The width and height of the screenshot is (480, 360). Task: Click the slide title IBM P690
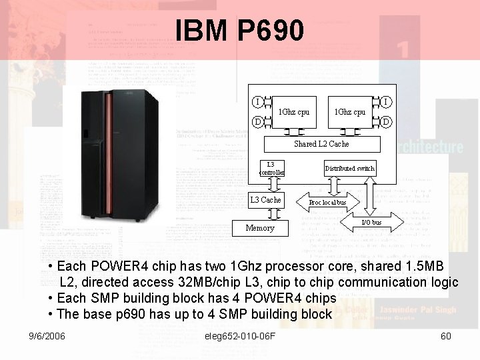[x=239, y=30]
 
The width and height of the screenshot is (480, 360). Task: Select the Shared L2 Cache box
[x=321, y=143]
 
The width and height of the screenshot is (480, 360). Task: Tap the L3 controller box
[x=271, y=169]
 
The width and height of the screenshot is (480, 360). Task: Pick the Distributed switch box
[x=349, y=169]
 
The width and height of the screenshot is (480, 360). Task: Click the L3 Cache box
[x=265, y=199]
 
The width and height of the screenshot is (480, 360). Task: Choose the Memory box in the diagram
[x=259, y=228]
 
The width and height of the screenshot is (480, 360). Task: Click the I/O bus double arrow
[x=371, y=222]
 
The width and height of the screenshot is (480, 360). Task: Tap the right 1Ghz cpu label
[x=349, y=111]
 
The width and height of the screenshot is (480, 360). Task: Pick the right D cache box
[x=386, y=122]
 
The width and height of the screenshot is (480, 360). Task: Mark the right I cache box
[x=386, y=101]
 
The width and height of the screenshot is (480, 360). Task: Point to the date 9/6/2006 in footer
[x=47, y=336]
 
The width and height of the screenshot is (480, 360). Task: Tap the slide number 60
[x=446, y=336]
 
